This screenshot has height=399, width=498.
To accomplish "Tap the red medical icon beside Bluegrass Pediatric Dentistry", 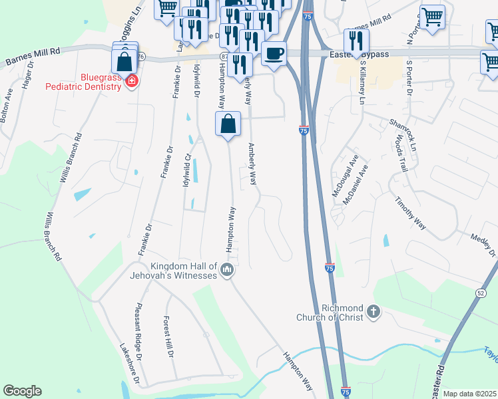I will pyautogui.click(x=132, y=82).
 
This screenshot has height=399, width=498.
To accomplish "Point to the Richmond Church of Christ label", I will pyautogui.click(x=330, y=313).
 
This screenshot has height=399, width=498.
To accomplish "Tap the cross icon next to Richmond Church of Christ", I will pyautogui.click(x=373, y=311).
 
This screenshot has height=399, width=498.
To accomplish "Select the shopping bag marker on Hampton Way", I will pyautogui.click(x=228, y=124).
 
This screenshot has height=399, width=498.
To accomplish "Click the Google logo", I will pyautogui.click(x=22, y=391).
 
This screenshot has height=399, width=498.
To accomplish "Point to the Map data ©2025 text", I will pyautogui.click(x=469, y=394).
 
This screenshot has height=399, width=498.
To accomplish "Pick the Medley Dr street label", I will pyautogui.click(x=483, y=243).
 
